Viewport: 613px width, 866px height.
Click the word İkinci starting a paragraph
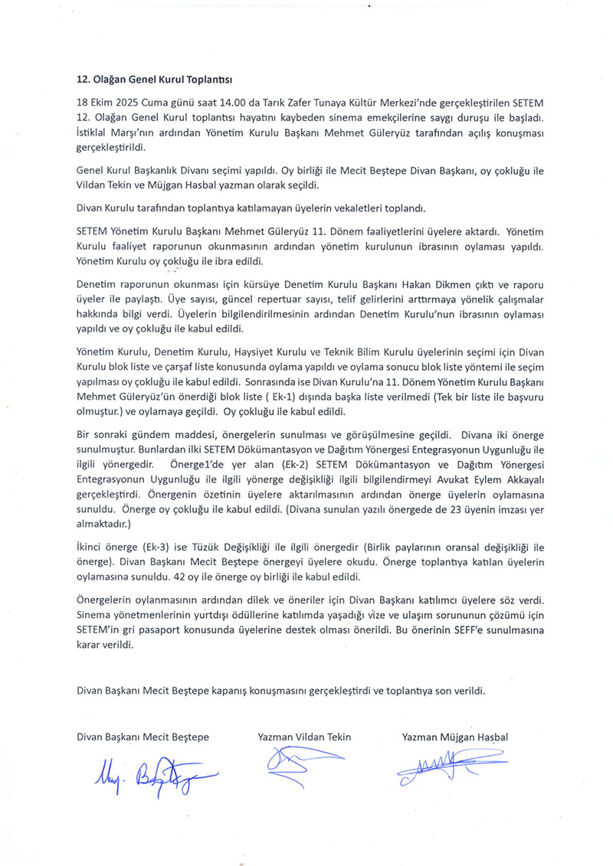93,547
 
